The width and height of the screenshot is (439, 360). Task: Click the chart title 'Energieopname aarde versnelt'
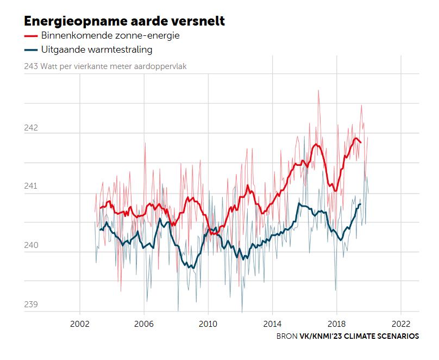tap(124, 21)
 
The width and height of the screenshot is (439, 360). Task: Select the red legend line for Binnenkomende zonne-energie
tap(31, 35)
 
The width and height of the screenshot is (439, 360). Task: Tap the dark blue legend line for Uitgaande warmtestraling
tap(31, 49)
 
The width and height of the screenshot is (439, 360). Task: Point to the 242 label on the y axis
tap(31, 128)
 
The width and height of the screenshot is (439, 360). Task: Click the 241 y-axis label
tap(31, 187)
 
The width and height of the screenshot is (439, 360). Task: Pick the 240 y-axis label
tap(31, 246)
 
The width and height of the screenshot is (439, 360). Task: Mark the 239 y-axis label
tap(31, 305)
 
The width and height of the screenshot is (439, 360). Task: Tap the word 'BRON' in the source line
tap(287, 336)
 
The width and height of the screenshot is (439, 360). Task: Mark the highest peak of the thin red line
tap(319, 90)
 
